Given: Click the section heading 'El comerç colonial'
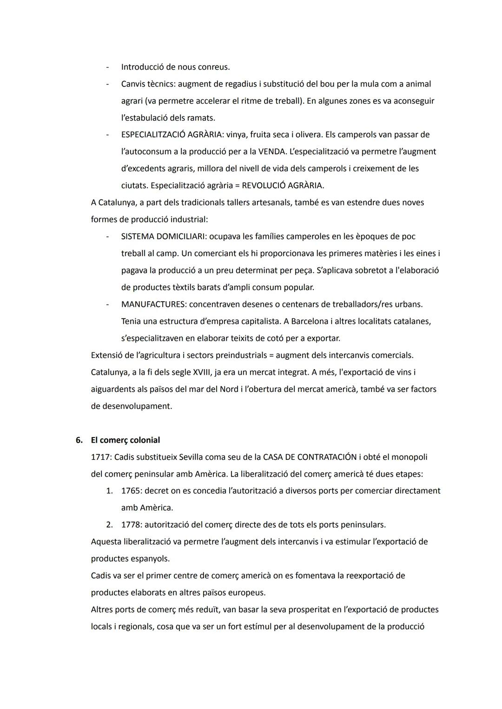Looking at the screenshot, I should click(125, 440).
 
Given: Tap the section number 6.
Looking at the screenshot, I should click(79, 440).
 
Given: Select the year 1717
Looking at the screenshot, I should click(100, 457).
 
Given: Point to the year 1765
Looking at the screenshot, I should click(131, 490).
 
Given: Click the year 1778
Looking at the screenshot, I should click(131, 524).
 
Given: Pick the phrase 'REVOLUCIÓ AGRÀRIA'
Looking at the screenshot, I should click(283, 186).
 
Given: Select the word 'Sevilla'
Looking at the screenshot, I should click(188, 457).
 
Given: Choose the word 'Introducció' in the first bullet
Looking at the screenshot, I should click(143, 67).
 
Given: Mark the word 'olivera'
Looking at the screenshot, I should click(306, 134).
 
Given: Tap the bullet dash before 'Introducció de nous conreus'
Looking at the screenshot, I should click(107, 67).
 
